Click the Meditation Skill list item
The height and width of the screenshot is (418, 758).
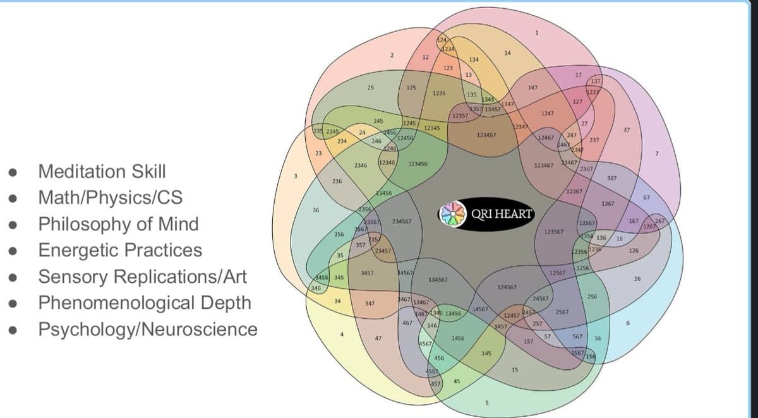click(x=102, y=171)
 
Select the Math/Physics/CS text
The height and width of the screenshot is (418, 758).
click(x=111, y=198)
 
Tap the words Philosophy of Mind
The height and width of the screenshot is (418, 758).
click(x=119, y=224)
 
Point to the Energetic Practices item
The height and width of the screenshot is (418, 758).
click(x=121, y=250)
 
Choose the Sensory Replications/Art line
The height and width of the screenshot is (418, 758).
click(x=143, y=277)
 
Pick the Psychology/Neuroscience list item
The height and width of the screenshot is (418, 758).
click(x=148, y=329)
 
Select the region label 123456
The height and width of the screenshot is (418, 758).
click(x=418, y=164)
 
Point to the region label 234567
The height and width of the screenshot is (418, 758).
click(x=402, y=222)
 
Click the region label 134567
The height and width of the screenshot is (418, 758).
click(x=438, y=279)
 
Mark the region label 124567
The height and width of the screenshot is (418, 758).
click(x=507, y=287)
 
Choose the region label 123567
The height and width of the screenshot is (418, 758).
click(x=554, y=232)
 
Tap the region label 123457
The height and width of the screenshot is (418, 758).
click(x=486, y=134)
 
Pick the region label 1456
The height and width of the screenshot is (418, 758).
click(x=459, y=339)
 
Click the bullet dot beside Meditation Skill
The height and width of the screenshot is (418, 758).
click(x=11, y=172)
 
